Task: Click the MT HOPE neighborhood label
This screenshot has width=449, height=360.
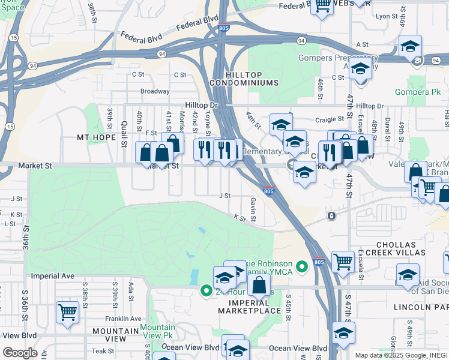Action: pos(95,137)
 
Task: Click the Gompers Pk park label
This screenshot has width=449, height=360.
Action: pos(418,92)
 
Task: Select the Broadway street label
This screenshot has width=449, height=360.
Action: pos(155,91)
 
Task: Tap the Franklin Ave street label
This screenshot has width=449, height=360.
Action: pos(123,319)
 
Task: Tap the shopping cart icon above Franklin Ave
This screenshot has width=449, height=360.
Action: pos(67,312)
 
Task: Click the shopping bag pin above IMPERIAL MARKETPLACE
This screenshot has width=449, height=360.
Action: pos(259,285)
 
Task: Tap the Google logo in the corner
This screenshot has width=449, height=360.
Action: pos(20,353)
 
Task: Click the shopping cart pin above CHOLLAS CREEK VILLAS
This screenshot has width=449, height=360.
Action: pos(343,262)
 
